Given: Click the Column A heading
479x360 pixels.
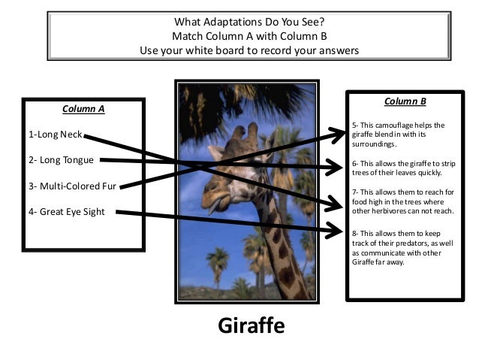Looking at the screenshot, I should click(83, 108).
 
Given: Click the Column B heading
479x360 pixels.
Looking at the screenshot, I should click(405, 101).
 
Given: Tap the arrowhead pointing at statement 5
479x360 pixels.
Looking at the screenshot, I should click(339, 134).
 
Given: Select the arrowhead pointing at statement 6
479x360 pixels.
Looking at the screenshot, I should click(339, 168).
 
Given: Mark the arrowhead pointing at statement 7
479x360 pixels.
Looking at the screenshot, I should click(339, 203).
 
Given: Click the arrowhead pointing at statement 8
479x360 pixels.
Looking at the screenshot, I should click(339, 231).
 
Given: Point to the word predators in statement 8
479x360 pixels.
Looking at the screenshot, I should click(414, 244).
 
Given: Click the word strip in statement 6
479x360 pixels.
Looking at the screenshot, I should click(442, 163).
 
